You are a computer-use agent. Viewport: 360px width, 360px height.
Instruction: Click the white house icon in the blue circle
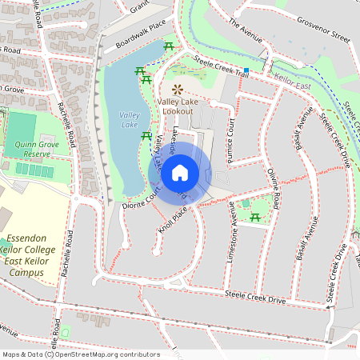coord(180,172)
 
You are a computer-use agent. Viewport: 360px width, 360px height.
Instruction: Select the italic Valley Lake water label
coord(130,120)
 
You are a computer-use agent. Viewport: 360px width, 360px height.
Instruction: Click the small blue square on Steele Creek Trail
coord(246,71)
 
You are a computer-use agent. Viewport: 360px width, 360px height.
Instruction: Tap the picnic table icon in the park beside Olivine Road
coord(255,217)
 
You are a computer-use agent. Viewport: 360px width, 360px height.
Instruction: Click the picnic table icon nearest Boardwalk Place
coord(168,47)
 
